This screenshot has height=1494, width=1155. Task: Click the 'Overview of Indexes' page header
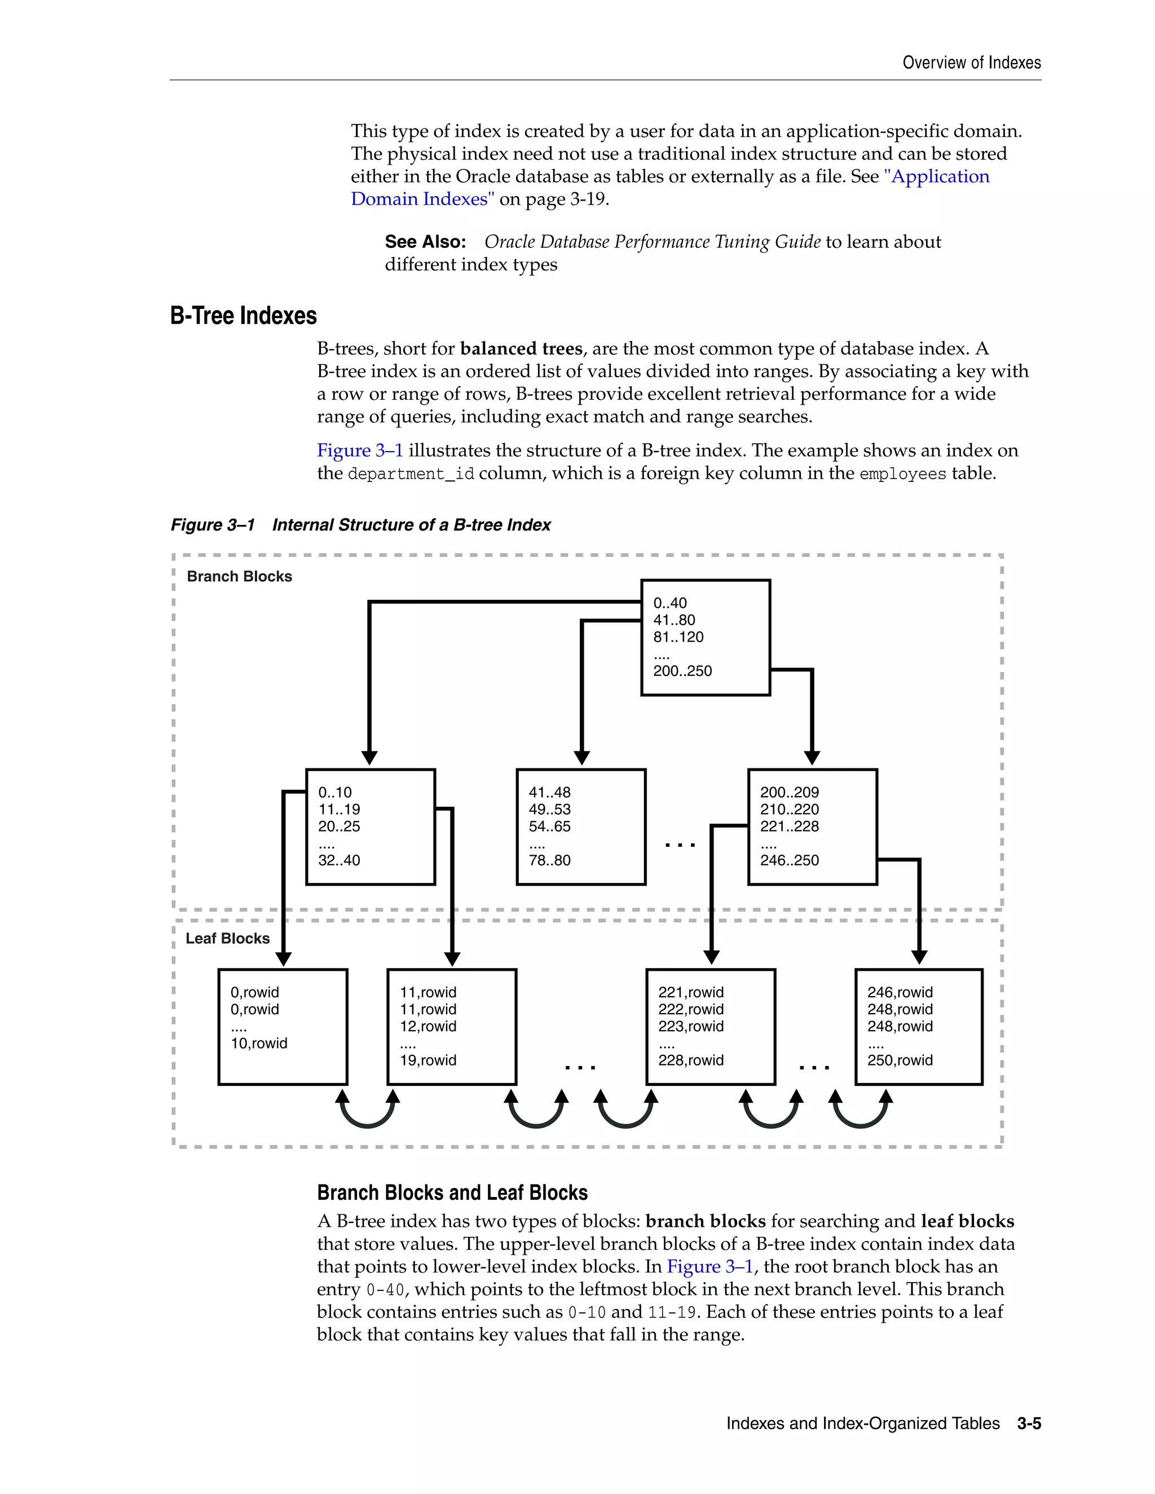pos(971,63)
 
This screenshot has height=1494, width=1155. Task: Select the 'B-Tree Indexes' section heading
pos(243,316)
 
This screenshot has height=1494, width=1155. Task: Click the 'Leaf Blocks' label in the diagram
pos(227,939)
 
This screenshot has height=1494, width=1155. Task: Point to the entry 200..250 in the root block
pos(682,671)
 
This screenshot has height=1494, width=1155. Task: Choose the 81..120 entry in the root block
pos(677,637)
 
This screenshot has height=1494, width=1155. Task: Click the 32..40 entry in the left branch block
pos(339,860)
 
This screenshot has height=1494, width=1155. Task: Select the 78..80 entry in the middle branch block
pos(549,860)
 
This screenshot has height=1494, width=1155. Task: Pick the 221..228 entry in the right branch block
pos(789,826)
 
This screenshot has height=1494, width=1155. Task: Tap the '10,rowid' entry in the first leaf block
pos(259,1043)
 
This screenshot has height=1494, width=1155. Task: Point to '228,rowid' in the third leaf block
pos(690,1060)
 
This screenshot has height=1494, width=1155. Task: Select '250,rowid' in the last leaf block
pos(900,1060)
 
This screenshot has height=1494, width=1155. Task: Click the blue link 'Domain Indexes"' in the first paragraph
pos(422,199)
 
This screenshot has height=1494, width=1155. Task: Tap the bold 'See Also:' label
pos(425,242)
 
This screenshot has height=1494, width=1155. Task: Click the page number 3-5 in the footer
pos(1029,1424)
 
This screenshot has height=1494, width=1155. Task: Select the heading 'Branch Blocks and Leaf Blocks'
pos(452,1193)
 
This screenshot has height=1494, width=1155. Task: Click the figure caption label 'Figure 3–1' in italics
pos(212,525)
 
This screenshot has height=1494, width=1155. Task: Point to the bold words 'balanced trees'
pos(521,349)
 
